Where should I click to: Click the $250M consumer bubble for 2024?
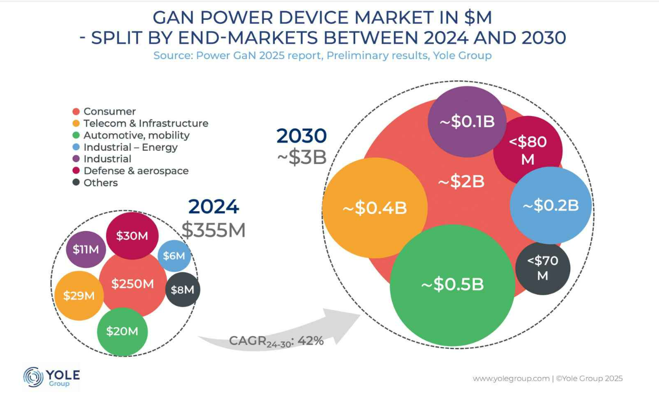click(133, 284)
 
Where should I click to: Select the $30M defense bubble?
click(132, 236)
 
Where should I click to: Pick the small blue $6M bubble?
click(174, 255)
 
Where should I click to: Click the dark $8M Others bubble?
click(182, 290)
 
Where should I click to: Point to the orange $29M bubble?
click(79, 295)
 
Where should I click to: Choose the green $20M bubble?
click(122, 331)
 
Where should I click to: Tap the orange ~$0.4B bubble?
click(375, 208)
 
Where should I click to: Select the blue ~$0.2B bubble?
click(551, 206)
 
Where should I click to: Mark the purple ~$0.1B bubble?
click(467, 122)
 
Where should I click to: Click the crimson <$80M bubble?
click(528, 150)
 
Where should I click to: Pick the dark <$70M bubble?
click(543, 268)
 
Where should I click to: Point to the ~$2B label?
click(461, 181)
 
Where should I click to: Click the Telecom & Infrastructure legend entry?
click(146, 123)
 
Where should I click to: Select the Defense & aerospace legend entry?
click(136, 171)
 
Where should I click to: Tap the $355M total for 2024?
click(214, 231)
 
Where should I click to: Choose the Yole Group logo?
click(51, 377)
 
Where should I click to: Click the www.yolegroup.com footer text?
click(511, 379)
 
